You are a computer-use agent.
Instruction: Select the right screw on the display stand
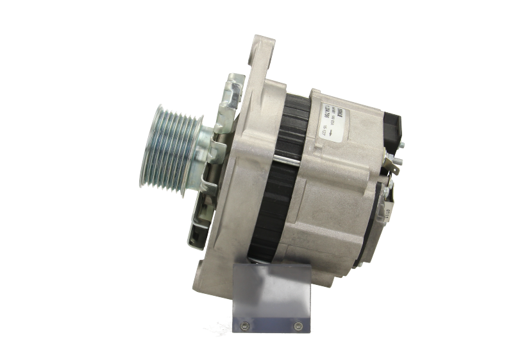(297, 327)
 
